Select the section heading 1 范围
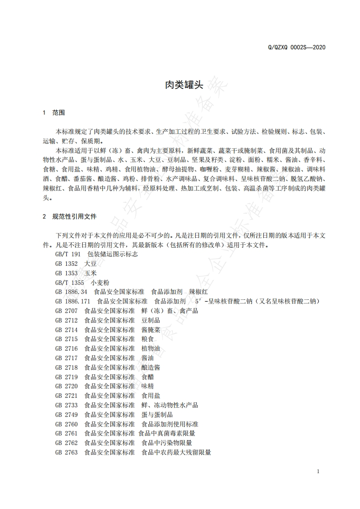coord(54,113)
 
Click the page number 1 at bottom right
coord(318,471)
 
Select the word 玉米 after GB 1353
coord(90,273)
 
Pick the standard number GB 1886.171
coord(73,301)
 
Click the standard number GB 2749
coord(66,415)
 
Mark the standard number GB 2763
coord(66,452)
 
